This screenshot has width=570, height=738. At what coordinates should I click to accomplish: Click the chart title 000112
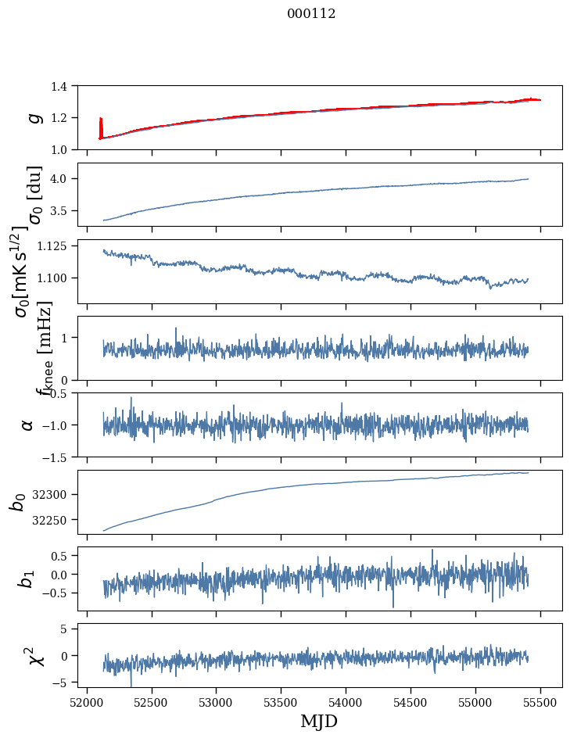click(x=311, y=13)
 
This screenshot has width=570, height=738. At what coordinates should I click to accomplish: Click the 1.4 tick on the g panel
click(x=66, y=86)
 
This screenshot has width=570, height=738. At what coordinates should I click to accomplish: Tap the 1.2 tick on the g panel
click(x=66, y=118)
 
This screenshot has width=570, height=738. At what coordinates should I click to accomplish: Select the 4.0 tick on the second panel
click(x=66, y=179)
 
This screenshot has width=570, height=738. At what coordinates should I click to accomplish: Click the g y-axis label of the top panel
click(x=32, y=117)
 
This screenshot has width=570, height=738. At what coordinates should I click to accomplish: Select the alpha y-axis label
click(x=27, y=425)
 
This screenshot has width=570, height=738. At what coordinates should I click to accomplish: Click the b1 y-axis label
click(x=27, y=579)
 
